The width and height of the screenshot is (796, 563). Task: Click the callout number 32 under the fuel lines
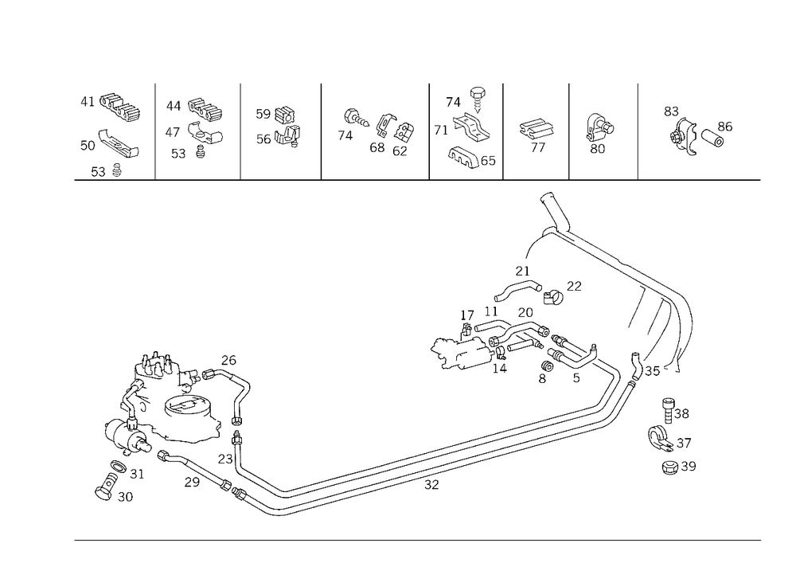tap(431, 485)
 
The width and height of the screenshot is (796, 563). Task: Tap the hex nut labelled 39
tap(670, 467)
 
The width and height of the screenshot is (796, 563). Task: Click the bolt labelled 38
tap(669, 411)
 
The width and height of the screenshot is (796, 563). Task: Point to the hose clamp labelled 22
tap(552, 297)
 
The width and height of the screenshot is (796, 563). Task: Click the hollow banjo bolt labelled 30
tap(106, 487)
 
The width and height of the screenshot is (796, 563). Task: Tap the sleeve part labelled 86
tap(712, 138)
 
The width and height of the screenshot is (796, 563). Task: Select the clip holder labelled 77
tap(536, 129)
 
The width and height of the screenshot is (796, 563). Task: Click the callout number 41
tap(88, 102)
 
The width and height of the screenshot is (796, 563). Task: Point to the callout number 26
tap(228, 360)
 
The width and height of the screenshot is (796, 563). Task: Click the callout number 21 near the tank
tap(522, 271)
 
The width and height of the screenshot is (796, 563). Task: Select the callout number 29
tap(192, 482)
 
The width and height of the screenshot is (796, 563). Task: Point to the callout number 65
tap(488, 161)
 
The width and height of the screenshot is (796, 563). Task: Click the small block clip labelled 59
tap(286, 115)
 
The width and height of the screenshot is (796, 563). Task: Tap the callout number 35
tap(653, 371)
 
